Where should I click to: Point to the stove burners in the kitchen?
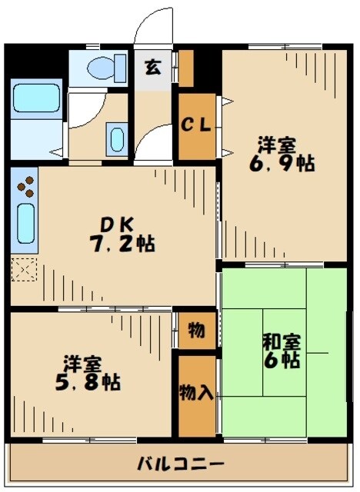(x=25, y=187)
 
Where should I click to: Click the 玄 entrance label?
(x=154, y=67)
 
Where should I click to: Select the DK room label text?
(x=118, y=224)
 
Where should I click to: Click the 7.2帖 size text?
(x=124, y=244)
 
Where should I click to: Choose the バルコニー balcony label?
(x=181, y=464)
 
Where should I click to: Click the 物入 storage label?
(x=196, y=392)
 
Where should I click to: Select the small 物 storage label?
(x=196, y=331)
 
